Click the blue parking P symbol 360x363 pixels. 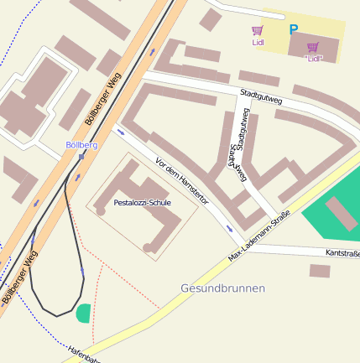(294, 30)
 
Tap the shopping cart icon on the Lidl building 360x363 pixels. (313, 47)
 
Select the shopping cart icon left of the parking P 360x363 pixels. (257, 30)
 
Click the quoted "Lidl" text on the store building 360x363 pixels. (313, 59)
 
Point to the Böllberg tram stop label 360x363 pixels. (81, 145)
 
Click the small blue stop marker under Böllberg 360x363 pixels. (81, 155)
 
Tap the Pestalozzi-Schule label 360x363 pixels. (142, 204)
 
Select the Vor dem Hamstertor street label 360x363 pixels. (181, 182)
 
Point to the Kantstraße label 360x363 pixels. (342, 253)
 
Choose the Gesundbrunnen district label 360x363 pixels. (222, 288)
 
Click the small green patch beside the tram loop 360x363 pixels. (82, 314)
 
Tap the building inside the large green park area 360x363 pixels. (341, 213)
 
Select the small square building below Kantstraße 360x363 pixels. (319, 271)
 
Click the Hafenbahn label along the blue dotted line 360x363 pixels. (85, 355)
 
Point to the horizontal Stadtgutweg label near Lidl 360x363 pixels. (260, 97)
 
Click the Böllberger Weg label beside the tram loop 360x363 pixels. (19, 277)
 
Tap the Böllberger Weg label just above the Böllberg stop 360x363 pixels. (103, 99)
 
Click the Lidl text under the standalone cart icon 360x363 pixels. (258, 42)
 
